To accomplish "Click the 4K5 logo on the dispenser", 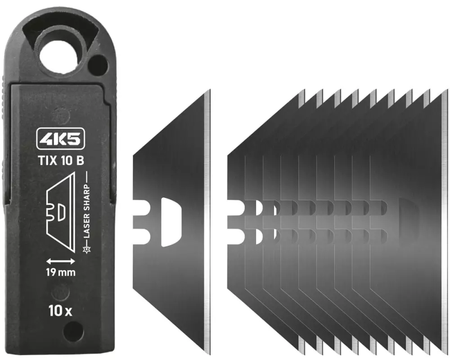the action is coord(61,139).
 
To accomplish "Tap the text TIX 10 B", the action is coord(61,161).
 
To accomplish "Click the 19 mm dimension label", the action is coord(61,272).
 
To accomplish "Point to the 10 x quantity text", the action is coord(60,310).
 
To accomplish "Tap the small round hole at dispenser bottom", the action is coord(73,332).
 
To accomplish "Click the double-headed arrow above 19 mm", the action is coord(61,261).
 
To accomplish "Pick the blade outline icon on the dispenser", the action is coord(61,212).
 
